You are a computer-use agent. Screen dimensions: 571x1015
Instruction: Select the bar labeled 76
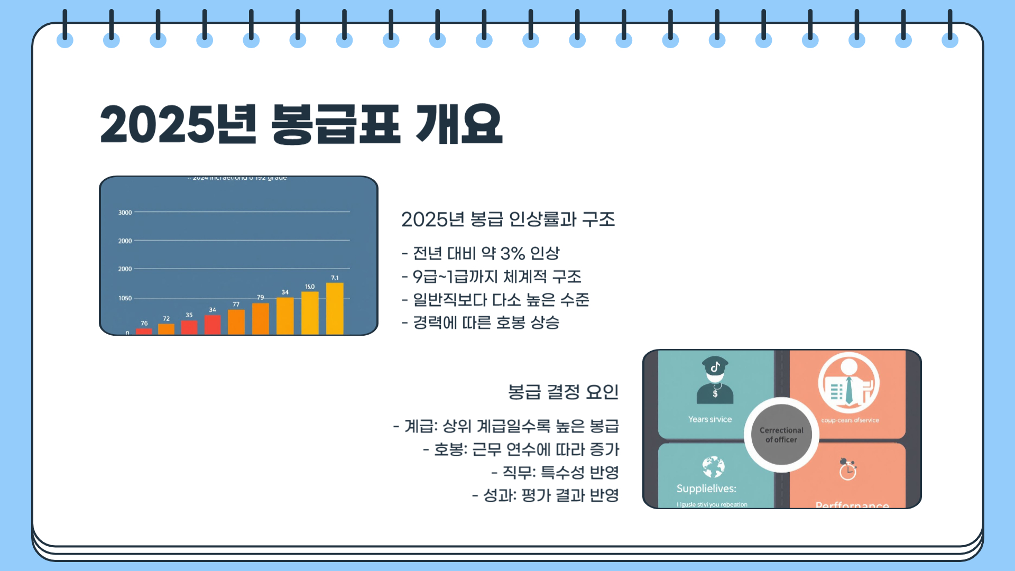click(x=144, y=331)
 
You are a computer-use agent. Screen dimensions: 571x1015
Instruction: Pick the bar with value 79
click(x=261, y=318)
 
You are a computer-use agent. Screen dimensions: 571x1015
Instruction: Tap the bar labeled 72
click(x=166, y=328)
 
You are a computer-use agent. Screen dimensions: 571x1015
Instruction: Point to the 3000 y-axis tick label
click(x=125, y=213)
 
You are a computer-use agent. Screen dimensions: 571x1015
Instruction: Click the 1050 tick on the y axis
click(x=125, y=298)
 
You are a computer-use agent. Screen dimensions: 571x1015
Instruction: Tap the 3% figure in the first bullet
click(x=512, y=253)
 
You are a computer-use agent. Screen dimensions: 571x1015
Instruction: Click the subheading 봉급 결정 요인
click(x=563, y=392)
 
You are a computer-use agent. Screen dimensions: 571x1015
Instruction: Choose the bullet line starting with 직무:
click(x=555, y=472)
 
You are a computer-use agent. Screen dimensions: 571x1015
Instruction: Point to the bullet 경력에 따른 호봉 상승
click(x=481, y=323)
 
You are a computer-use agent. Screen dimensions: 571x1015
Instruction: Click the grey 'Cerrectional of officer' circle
click(x=781, y=435)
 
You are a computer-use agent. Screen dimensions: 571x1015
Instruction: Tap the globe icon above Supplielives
click(x=713, y=467)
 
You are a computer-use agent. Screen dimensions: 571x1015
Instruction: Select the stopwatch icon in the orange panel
click(x=847, y=469)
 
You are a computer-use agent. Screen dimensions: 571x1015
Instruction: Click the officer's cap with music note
click(x=715, y=365)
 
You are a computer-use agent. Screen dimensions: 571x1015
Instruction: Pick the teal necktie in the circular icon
click(x=849, y=390)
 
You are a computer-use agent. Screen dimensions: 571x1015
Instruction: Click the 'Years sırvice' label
click(x=710, y=419)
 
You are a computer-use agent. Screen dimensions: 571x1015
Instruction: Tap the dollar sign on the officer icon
click(x=715, y=394)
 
